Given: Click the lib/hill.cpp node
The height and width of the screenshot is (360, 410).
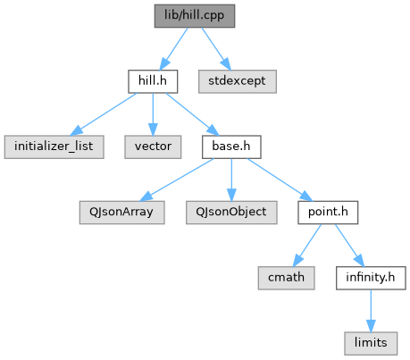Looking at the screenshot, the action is click(x=195, y=16).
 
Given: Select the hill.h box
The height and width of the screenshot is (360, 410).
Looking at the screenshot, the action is click(x=153, y=81).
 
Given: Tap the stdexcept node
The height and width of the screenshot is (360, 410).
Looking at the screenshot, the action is click(x=238, y=81).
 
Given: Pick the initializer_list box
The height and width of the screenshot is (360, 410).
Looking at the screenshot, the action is click(x=54, y=147).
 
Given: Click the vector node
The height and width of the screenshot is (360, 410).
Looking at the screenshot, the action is click(x=153, y=147).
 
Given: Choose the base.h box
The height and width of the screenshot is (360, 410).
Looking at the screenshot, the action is click(x=231, y=147).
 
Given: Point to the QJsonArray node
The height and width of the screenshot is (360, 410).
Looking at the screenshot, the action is click(x=121, y=213).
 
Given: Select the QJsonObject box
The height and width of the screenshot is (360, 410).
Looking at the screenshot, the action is click(x=231, y=213).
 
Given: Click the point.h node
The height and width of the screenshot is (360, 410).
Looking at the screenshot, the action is click(x=328, y=213).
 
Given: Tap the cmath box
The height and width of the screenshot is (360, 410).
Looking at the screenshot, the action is click(x=286, y=278).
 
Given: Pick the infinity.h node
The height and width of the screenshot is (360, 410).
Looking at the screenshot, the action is click(x=371, y=278).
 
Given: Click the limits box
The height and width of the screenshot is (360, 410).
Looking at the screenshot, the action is click(x=371, y=343).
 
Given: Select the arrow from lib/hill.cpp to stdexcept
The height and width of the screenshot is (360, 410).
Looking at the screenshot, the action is click(x=216, y=49).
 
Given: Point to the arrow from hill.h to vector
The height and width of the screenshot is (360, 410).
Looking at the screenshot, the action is click(x=153, y=114).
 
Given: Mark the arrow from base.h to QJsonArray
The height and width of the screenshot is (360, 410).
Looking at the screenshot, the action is click(x=176, y=180).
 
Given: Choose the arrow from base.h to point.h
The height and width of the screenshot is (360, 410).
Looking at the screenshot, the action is click(x=280, y=180).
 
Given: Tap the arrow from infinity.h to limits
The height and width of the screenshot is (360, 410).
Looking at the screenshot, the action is click(x=371, y=311).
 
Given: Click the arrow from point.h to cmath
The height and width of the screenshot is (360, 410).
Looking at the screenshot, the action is click(x=307, y=246).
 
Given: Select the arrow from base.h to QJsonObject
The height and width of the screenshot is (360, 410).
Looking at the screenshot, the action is click(x=231, y=180).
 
